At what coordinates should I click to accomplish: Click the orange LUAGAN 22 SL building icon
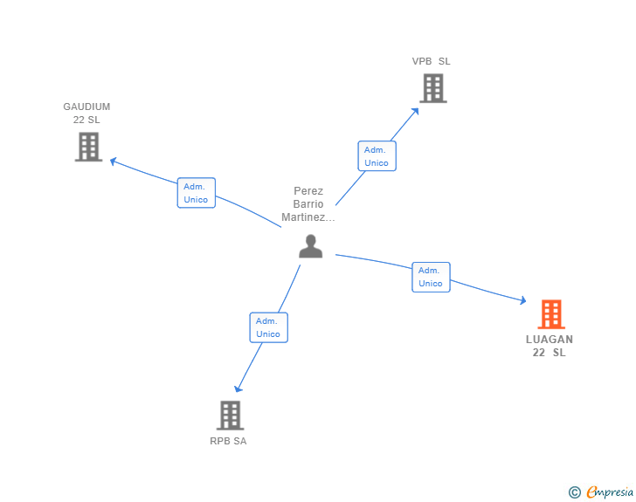click(x=550, y=314)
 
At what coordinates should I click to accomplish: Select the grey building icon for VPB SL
click(x=432, y=88)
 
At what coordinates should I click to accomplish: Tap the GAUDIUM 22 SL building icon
click(x=88, y=147)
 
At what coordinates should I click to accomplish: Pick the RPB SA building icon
click(x=230, y=416)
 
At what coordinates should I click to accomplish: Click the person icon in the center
click(x=310, y=247)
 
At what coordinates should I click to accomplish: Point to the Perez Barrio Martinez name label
click(x=308, y=204)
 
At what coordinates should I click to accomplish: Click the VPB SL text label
click(x=432, y=61)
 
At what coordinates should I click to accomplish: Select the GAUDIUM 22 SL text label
click(x=86, y=113)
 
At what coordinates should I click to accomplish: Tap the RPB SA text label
click(x=228, y=441)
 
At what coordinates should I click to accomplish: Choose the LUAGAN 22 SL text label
click(x=550, y=346)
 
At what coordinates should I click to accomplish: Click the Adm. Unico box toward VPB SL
click(x=377, y=156)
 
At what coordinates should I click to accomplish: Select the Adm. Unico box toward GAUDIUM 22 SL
click(x=197, y=193)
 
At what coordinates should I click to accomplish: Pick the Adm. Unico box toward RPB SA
click(x=268, y=327)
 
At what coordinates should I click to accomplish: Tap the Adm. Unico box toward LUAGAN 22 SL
click(x=431, y=277)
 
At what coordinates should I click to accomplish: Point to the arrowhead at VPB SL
click(x=416, y=110)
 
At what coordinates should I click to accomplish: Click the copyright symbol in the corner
click(x=574, y=492)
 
